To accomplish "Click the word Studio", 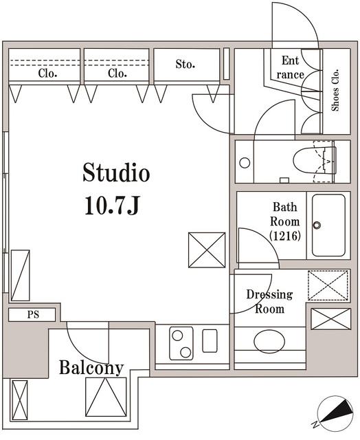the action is (116, 173).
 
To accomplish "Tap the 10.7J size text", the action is (112, 205).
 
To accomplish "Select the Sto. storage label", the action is (185, 64).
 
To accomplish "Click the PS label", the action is (33, 315).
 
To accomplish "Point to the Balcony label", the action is (91, 368).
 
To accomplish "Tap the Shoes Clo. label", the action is (335, 90).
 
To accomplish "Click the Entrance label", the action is (290, 67).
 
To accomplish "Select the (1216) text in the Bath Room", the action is (285, 236).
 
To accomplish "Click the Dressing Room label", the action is (269, 302).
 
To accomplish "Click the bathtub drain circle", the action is (317, 225).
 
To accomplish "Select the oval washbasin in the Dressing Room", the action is (269, 341).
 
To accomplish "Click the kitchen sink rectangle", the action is (210, 341).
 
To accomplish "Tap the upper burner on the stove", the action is (177, 335).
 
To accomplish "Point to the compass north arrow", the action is (337, 411).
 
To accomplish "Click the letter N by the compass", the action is (316, 424).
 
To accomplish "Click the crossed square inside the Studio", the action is (207, 250).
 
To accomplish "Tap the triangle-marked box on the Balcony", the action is (106, 397).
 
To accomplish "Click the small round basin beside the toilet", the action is (245, 163).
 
